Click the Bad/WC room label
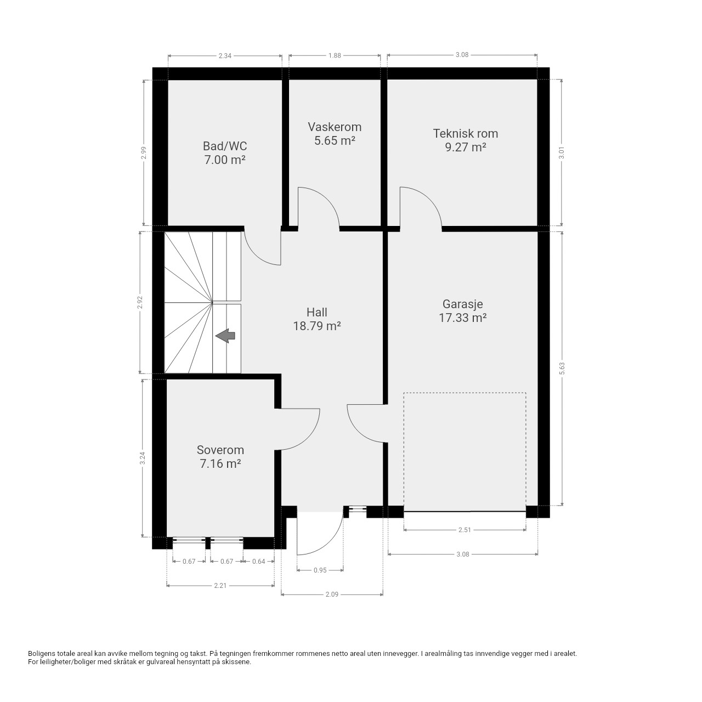point(225,146)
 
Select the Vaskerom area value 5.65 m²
point(335,140)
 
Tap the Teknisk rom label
point(465,133)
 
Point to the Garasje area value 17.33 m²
point(463,318)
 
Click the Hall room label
point(317,312)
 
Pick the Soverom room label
point(220,450)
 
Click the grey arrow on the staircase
point(225,336)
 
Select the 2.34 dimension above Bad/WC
point(225,56)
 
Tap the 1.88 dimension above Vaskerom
point(335,55)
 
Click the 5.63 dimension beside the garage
point(562,369)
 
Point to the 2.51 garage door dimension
point(465,530)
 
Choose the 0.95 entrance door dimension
point(320,570)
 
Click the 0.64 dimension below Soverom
point(259,562)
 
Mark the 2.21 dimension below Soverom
point(220,585)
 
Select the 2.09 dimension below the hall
point(332,594)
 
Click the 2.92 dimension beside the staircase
point(140,302)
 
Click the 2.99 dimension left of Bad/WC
point(144,152)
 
